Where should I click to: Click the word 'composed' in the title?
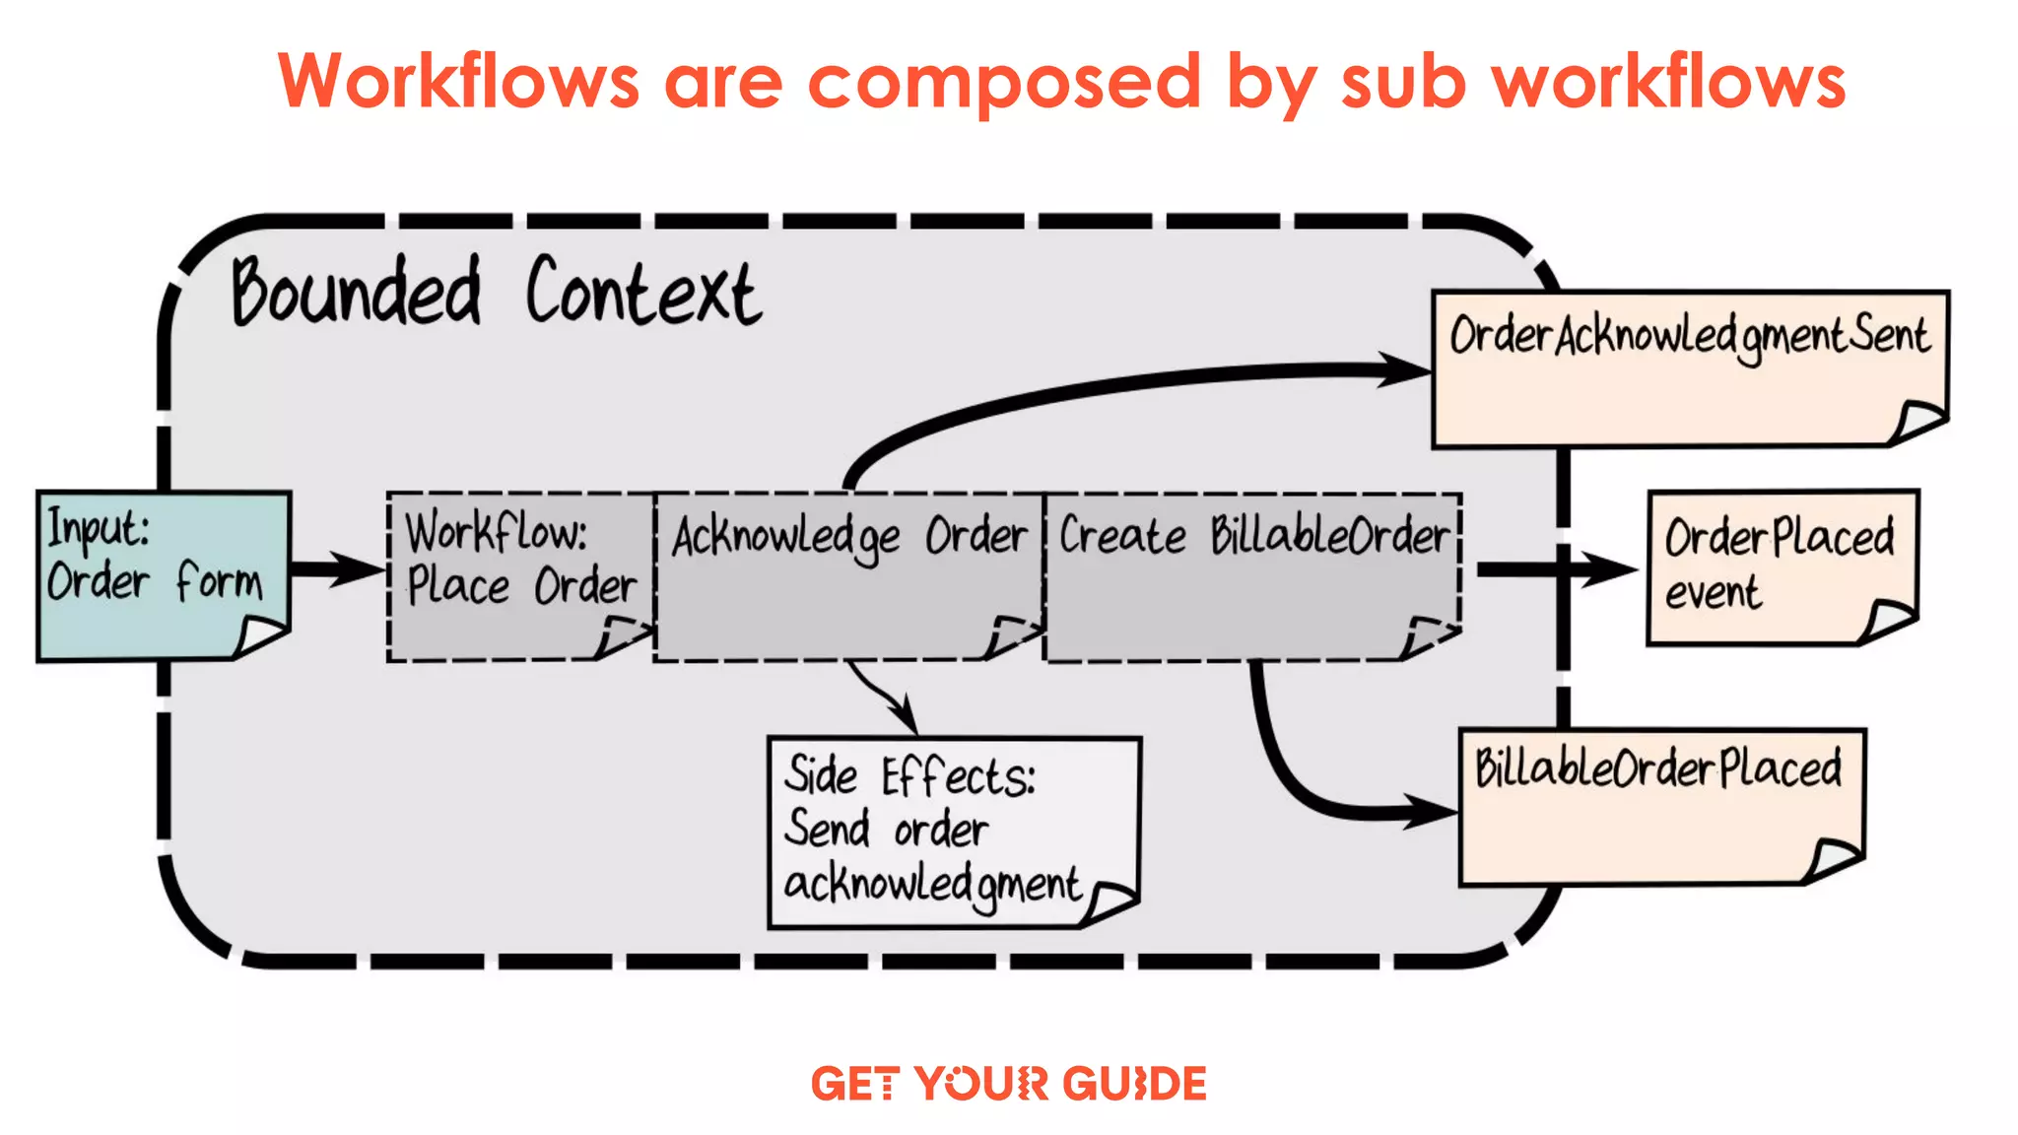click(1003, 83)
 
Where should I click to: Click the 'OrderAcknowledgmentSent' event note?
click(1689, 367)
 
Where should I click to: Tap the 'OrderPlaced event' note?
click(1782, 566)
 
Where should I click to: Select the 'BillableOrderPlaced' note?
click(1661, 805)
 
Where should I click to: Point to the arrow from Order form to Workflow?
click(335, 569)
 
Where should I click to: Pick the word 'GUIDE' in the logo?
click(1134, 1084)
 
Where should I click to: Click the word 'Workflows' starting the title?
click(458, 83)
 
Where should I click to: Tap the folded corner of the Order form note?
click(258, 635)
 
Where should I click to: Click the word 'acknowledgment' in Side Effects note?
click(931, 884)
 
